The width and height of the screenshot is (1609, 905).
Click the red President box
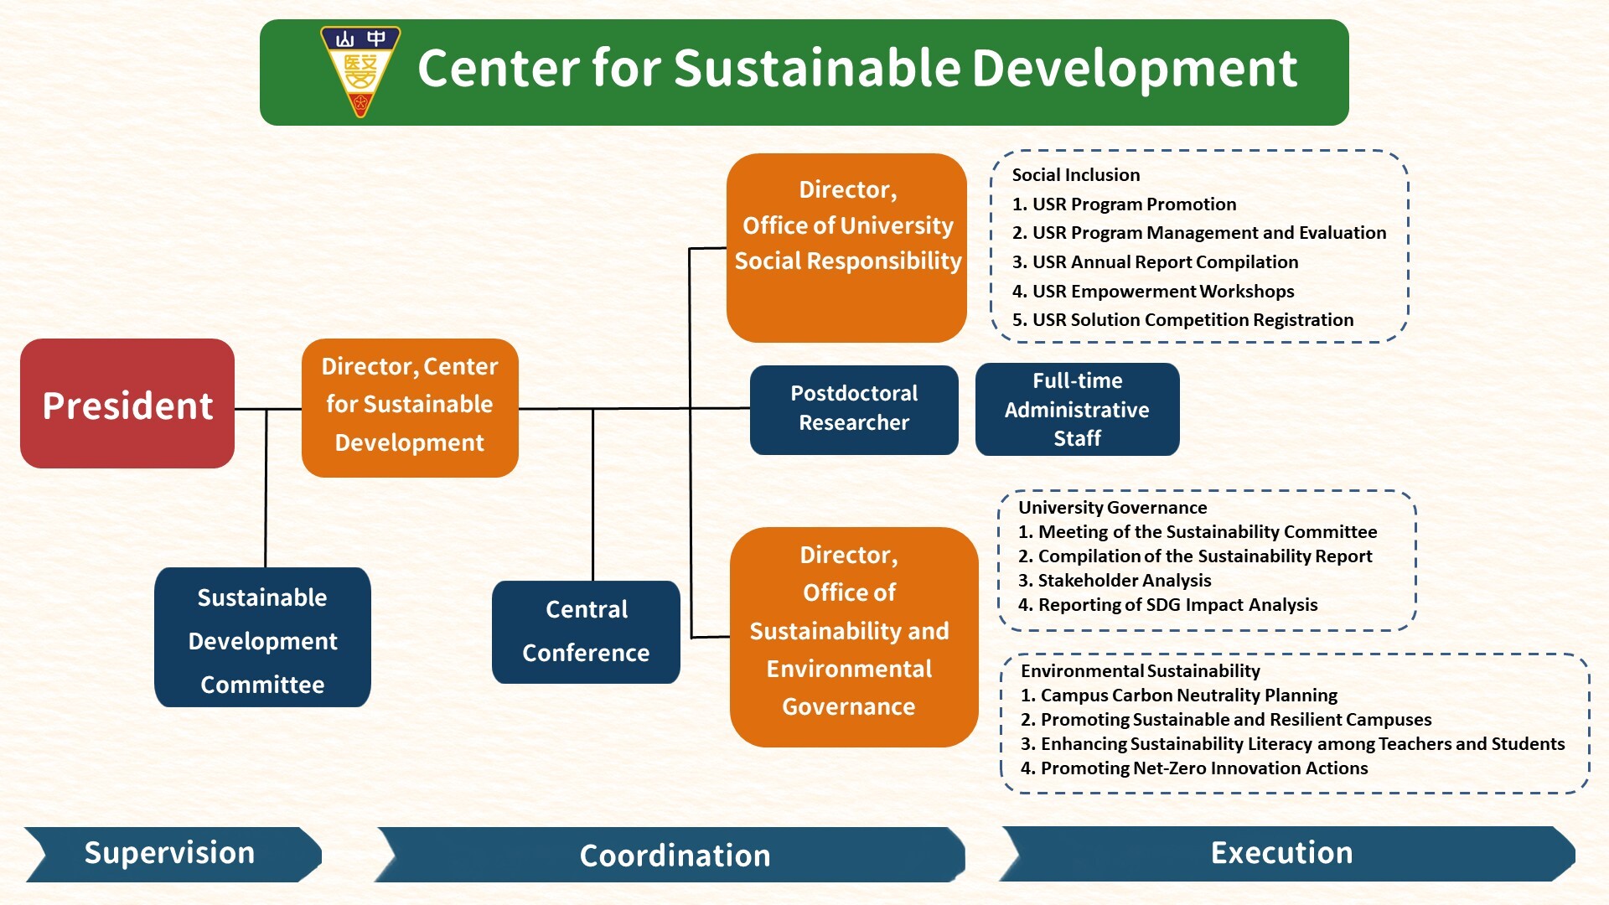pyautogui.click(x=127, y=404)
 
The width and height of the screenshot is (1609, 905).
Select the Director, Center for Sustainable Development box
pyautogui.click(x=410, y=407)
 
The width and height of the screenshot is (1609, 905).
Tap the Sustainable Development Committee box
pyautogui.click(x=262, y=638)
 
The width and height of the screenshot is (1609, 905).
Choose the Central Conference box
pyautogui.click(x=586, y=632)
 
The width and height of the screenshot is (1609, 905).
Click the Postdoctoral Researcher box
pyautogui.click(x=854, y=410)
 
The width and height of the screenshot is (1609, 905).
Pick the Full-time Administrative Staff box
pyautogui.click(x=1077, y=410)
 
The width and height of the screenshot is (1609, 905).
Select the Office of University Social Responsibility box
pyautogui.click(x=847, y=247)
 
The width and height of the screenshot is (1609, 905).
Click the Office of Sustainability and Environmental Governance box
pyautogui.click(x=853, y=637)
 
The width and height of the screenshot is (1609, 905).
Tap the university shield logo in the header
pyautogui.click(x=360, y=70)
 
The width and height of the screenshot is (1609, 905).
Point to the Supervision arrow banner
pyautogui.click(x=170, y=854)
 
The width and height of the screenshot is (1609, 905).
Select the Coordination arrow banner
pyautogui.click(x=674, y=856)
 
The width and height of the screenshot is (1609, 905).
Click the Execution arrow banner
pyautogui.click(x=1282, y=853)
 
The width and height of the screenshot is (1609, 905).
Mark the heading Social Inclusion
pyautogui.click(x=1076, y=174)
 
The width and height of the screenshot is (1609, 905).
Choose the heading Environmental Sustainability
pyautogui.click(x=1141, y=671)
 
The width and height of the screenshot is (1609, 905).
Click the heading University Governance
pyautogui.click(x=1113, y=508)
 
